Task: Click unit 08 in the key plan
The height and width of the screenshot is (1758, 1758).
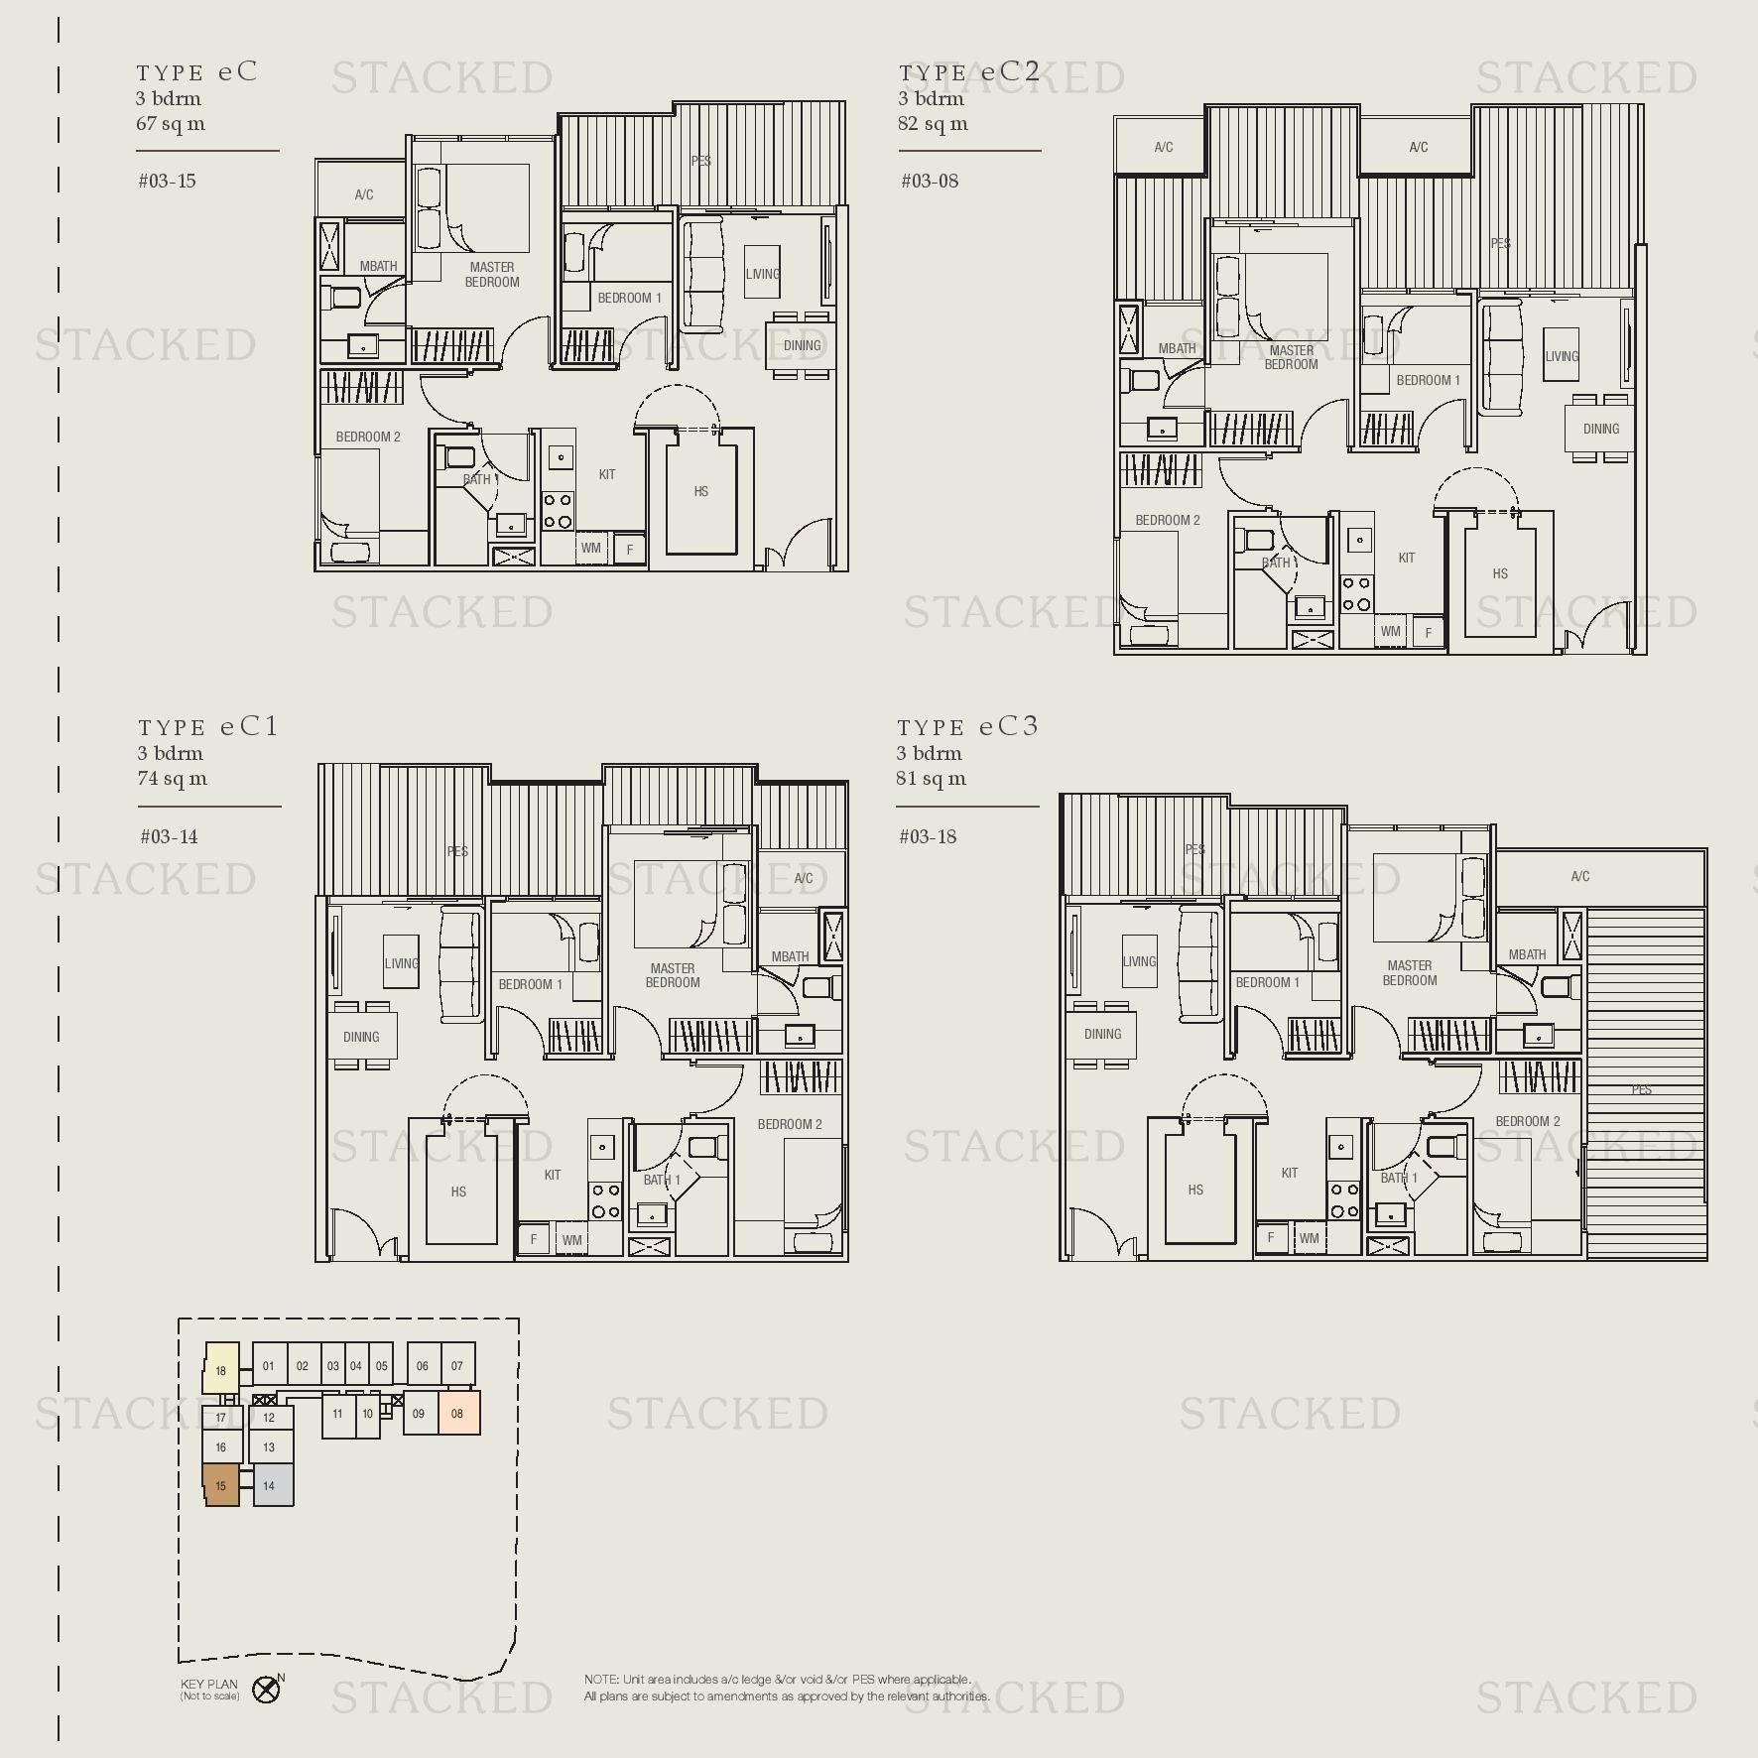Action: click(x=457, y=1414)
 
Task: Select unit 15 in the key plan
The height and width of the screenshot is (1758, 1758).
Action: click(x=221, y=1486)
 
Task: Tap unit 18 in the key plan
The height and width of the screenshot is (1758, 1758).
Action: click(x=221, y=1371)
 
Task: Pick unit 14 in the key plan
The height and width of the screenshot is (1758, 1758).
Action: click(x=269, y=1486)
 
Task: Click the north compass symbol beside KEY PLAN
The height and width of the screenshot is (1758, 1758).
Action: click(x=266, y=1690)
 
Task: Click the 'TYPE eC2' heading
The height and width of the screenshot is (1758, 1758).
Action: click(x=968, y=71)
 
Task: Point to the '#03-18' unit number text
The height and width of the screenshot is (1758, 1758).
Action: click(x=928, y=836)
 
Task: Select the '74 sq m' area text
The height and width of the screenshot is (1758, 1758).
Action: click(x=173, y=779)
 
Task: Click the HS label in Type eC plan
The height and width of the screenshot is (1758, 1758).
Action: click(x=701, y=491)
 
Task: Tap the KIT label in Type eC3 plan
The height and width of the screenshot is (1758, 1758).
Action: click(x=1290, y=1173)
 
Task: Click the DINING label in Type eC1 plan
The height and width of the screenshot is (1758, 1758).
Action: click(x=361, y=1037)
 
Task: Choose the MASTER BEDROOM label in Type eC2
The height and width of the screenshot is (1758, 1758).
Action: click(x=1291, y=357)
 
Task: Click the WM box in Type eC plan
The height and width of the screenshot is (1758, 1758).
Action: click(x=591, y=548)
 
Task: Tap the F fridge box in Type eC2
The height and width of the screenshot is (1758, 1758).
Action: click(x=1429, y=632)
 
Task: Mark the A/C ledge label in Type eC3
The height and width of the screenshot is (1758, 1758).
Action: click(x=1580, y=876)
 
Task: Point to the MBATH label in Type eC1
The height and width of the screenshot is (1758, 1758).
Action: click(x=790, y=956)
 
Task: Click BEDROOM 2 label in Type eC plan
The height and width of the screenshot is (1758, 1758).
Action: click(x=368, y=437)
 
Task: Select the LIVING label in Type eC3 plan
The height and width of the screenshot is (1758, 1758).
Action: click(x=1139, y=961)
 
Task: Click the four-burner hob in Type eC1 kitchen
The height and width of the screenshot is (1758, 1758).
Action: click(x=605, y=1200)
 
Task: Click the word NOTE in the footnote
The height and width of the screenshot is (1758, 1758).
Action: click(x=600, y=1680)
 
